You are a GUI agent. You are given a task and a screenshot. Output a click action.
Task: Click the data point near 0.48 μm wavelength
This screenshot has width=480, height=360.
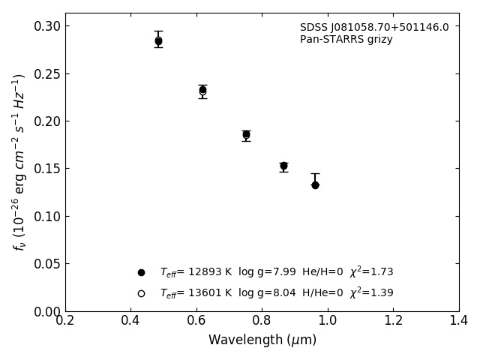click(x=158, y=41)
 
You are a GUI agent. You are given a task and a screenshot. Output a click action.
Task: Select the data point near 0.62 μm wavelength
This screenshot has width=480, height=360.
click(x=202, y=90)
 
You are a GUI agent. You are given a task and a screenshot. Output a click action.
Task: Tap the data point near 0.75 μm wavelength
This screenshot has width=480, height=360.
click(x=246, y=135)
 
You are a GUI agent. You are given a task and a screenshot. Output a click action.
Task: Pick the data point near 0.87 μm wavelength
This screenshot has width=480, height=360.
click(x=283, y=166)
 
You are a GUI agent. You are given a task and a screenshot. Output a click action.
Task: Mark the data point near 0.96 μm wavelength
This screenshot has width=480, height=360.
click(x=315, y=184)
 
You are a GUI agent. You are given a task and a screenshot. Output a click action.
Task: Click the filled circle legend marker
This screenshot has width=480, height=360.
click(x=141, y=272)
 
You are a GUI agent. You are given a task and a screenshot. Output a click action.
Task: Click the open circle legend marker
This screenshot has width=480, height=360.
click(x=141, y=293)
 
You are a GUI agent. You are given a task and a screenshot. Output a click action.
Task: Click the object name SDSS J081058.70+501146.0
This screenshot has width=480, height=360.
click(x=374, y=28)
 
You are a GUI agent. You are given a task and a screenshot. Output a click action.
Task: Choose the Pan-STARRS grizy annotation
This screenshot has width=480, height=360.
click(x=346, y=40)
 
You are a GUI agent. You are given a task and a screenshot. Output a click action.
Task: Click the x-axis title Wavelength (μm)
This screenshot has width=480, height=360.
click(x=262, y=340)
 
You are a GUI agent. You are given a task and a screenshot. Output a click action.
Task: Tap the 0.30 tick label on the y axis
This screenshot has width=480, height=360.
click(x=47, y=26)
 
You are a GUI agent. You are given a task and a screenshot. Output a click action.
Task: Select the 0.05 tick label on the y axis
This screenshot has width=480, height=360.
click(x=47, y=264)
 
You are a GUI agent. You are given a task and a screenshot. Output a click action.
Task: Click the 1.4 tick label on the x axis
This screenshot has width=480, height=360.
click(x=458, y=321)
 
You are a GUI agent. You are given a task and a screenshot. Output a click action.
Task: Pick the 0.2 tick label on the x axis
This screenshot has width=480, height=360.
click(x=65, y=321)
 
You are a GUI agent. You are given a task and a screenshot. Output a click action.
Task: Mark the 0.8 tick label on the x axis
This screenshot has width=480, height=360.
click(x=262, y=321)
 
